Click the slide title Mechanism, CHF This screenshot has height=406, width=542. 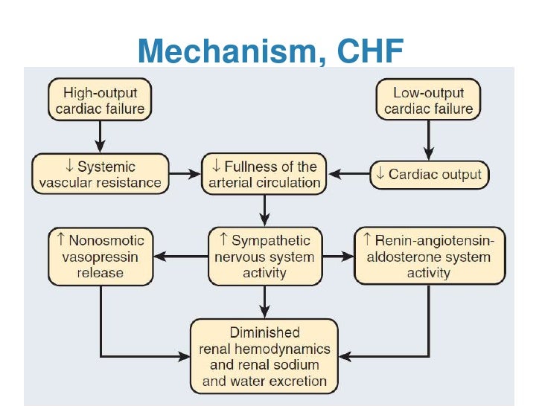[x=271, y=51]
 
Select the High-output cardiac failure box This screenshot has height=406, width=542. [x=100, y=100]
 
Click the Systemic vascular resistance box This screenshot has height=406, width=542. [x=100, y=174]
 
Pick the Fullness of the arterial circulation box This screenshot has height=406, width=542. [x=266, y=174]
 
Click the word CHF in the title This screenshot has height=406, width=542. [x=365, y=51]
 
